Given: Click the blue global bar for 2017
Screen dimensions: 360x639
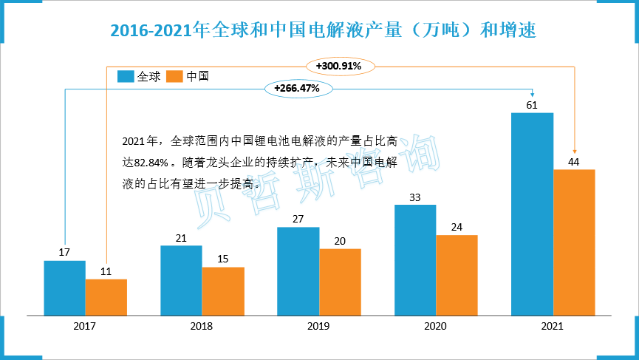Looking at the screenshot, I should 64,288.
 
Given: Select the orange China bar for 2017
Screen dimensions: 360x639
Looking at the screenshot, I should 106,297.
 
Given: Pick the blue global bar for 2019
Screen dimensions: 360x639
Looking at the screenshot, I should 298,271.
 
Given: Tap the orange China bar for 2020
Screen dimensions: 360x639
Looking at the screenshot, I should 457,275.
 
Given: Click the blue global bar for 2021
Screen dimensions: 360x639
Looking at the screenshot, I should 532,214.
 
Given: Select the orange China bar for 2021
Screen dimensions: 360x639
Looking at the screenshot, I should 574,242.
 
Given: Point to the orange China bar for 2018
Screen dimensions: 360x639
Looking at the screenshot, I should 222,291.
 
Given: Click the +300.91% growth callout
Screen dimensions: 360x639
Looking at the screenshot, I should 338,67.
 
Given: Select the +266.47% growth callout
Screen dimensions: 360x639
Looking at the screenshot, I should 296,89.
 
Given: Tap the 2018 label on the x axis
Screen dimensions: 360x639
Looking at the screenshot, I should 202,326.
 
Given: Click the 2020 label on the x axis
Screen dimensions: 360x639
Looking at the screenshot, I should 435,326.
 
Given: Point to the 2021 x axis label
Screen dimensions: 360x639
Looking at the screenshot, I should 553,326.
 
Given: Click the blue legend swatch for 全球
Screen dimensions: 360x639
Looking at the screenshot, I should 126,76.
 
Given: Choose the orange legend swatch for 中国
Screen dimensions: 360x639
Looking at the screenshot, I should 175,76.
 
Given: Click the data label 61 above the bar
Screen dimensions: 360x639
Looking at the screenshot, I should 532,104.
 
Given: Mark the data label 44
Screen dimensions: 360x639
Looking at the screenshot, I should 574,161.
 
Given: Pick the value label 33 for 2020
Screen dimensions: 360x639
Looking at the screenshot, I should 414,197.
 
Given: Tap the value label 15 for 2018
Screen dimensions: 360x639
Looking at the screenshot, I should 222,259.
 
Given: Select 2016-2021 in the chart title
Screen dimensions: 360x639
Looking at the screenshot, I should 150,30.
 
